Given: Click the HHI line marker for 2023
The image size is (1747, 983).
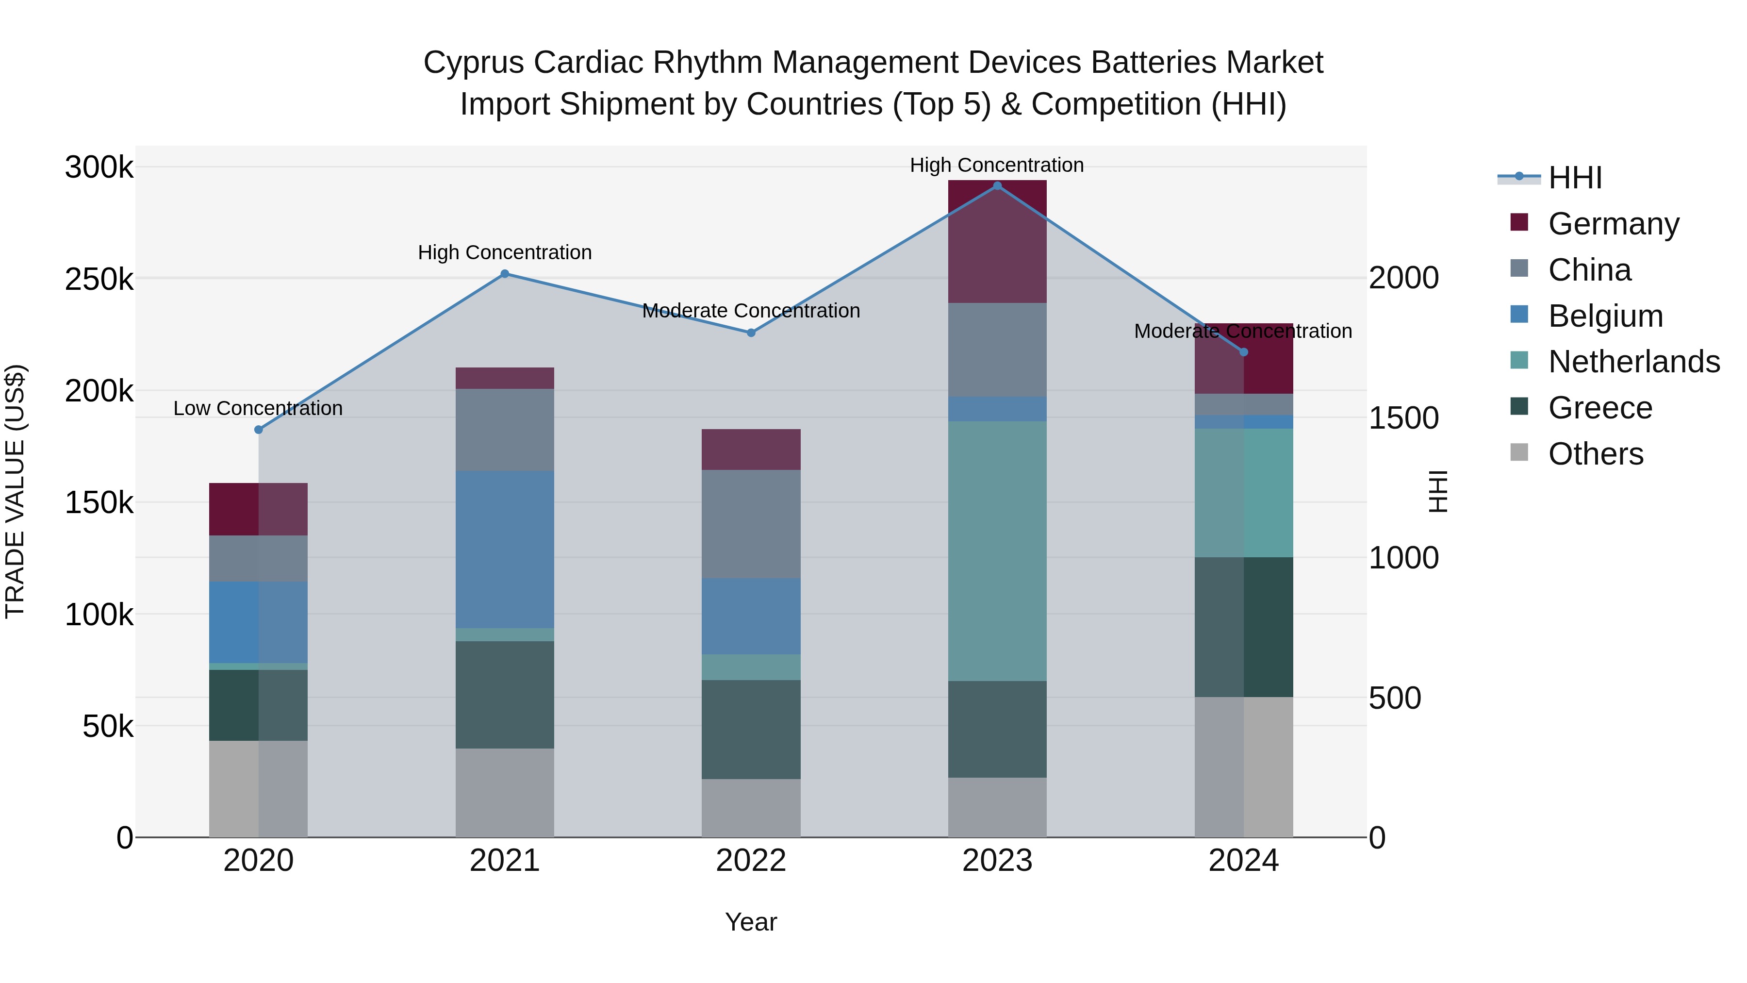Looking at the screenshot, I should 997,186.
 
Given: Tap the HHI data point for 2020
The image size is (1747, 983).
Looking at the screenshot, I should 258,430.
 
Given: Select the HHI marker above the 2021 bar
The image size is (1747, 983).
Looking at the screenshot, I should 505,274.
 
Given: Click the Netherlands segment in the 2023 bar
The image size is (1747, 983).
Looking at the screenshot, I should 997,551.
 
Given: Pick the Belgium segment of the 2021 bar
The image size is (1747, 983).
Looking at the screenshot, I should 505,550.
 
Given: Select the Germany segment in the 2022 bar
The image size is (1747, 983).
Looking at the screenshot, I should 751,449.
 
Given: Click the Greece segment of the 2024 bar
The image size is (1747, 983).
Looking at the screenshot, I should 1243,627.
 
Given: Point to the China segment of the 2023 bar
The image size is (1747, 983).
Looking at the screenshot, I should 997,350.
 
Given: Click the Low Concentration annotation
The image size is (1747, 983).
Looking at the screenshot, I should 258,408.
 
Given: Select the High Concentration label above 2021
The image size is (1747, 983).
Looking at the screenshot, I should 505,252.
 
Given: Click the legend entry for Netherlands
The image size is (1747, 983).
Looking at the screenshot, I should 1634,362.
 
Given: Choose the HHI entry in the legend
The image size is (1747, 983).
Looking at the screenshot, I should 1575,178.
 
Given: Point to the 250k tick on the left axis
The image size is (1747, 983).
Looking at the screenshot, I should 99,279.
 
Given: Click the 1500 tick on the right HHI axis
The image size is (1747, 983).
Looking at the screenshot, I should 1403,418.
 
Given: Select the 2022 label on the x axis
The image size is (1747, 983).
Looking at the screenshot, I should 751,861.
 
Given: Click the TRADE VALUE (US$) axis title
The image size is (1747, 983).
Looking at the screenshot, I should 15,491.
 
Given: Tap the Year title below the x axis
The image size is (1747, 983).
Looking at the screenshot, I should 751,922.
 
